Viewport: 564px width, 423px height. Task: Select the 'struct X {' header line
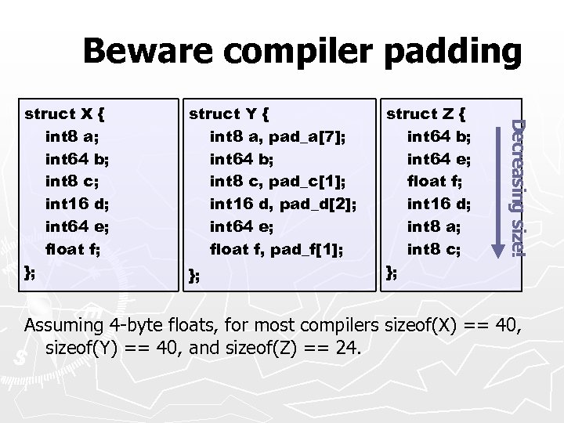tap(65, 114)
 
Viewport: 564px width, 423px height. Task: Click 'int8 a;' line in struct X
tap(72, 136)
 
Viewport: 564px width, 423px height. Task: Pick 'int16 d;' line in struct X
tap(77, 204)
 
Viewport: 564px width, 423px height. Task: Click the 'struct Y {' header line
tap(230, 114)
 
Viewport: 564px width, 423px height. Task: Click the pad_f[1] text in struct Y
tap(308, 250)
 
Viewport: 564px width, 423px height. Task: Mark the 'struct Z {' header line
tap(427, 114)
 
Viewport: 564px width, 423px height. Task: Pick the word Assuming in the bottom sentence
tap(63, 326)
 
